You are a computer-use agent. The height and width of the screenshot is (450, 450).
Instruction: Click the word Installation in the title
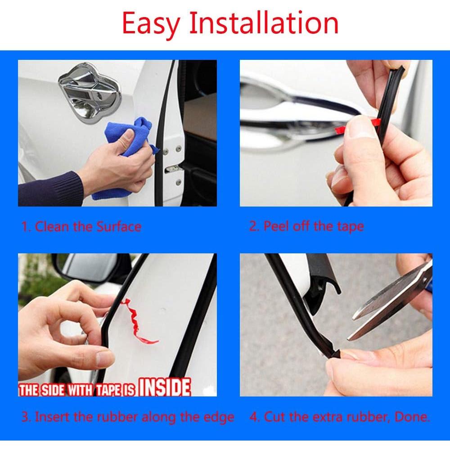tap(263, 23)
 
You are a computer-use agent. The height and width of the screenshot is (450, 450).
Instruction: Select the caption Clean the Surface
tap(81, 226)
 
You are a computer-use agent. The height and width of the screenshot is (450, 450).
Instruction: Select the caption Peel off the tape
tap(306, 226)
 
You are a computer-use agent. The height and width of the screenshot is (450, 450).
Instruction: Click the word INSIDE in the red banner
tap(164, 387)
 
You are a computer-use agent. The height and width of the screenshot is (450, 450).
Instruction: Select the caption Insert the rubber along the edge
tap(128, 417)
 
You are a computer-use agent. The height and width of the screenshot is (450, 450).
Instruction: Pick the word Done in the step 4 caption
tap(411, 417)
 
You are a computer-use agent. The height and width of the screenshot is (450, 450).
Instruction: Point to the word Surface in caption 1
tap(119, 226)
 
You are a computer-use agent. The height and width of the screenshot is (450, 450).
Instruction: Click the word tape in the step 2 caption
tap(350, 226)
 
